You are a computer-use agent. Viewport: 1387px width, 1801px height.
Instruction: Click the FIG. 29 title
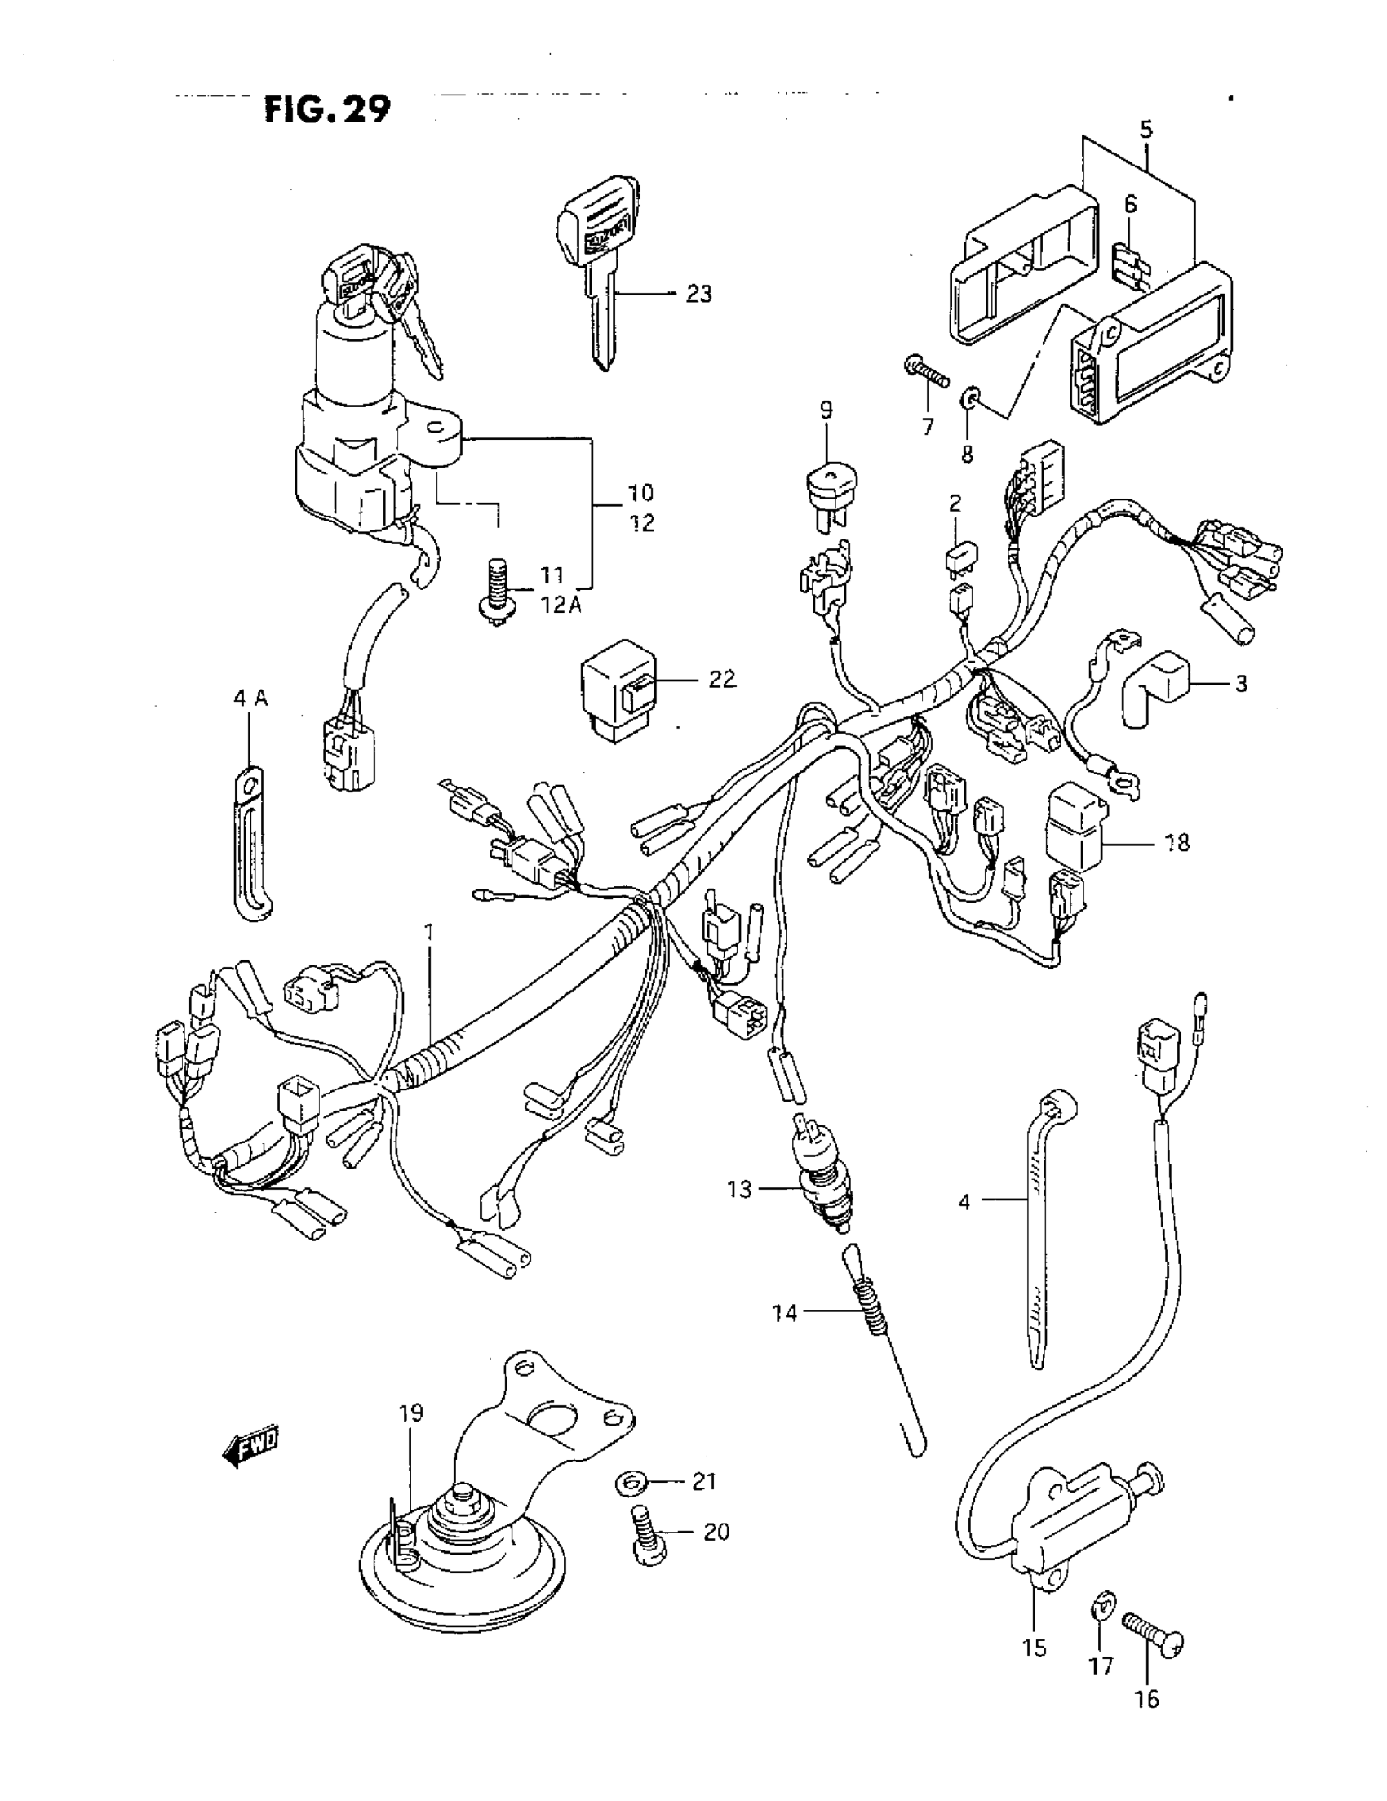click(327, 109)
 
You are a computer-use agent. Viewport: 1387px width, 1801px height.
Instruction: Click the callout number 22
click(721, 680)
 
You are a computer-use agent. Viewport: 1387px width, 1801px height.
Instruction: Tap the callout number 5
click(1146, 129)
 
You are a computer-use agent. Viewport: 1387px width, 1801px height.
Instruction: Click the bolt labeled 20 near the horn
click(649, 1533)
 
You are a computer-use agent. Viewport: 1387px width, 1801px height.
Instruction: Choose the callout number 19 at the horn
click(411, 1413)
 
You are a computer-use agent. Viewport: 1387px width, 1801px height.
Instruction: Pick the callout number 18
click(1177, 843)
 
